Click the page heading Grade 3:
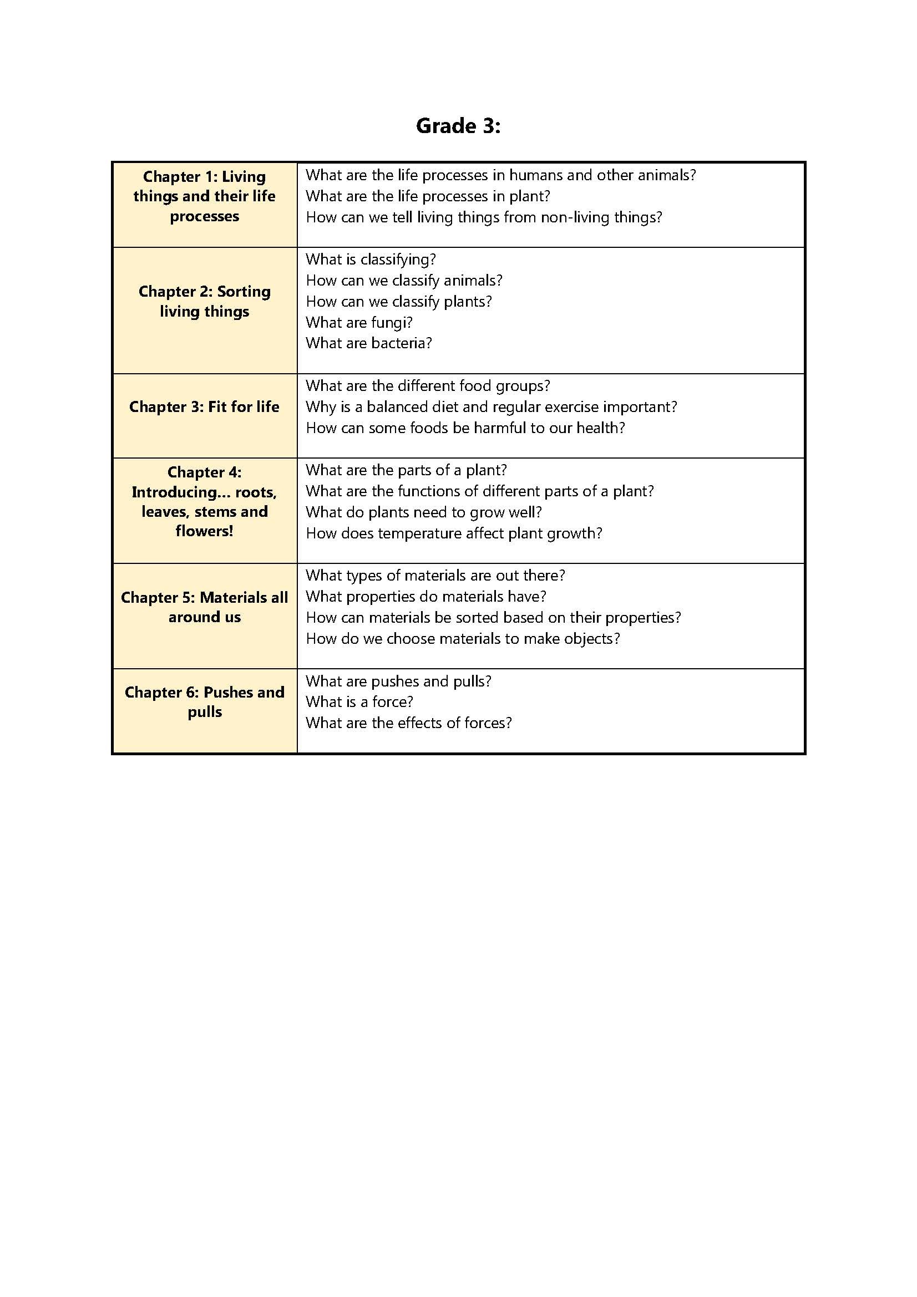458,125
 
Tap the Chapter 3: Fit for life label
205,406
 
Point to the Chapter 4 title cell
205,502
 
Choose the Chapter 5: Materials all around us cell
205,607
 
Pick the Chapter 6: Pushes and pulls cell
205,702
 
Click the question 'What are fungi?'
359,323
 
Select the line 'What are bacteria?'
369,343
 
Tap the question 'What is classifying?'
371,260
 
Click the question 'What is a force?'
359,702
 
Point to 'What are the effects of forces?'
408,723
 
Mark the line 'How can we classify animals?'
404,280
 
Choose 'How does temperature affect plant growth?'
454,533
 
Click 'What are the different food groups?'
428,386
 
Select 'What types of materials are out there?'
435,576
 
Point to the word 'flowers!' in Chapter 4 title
205,531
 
